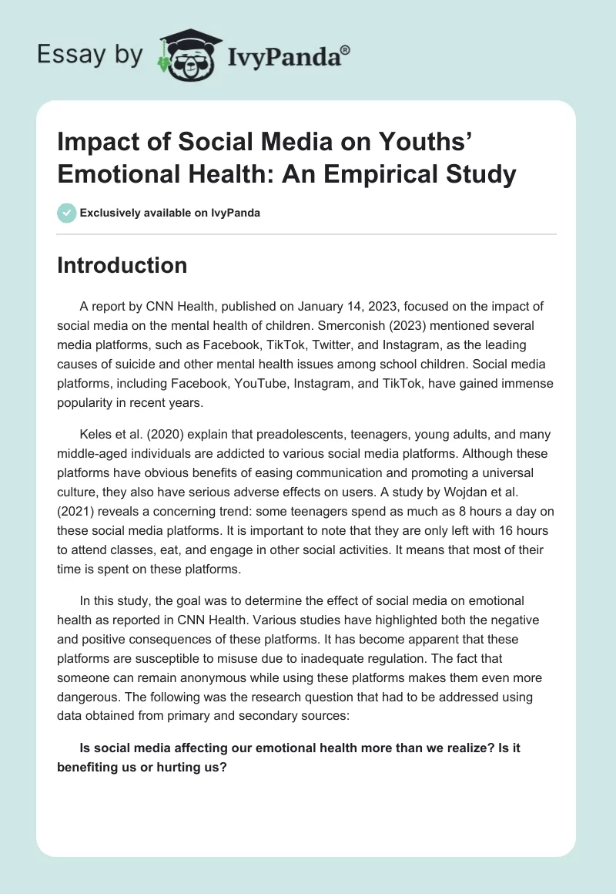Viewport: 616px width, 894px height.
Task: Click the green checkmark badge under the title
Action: click(67, 213)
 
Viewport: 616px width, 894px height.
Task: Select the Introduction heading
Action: click(122, 265)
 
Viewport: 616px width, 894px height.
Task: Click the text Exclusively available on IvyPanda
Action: click(171, 213)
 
